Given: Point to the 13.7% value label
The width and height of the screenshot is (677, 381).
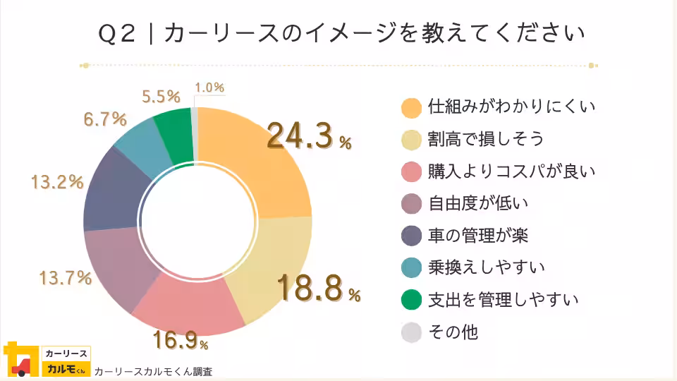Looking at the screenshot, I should coord(65,278).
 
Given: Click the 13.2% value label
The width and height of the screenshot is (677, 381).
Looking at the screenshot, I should coord(57,182).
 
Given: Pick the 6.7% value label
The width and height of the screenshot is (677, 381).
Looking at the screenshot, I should coord(105,119).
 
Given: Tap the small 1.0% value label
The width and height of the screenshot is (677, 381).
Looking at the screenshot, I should coord(209,87).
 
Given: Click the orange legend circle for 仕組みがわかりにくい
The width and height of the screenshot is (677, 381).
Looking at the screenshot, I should coord(410,107).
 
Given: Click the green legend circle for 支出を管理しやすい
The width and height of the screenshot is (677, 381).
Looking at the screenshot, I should coord(410,300).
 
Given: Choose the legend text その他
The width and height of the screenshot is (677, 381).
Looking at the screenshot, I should coord(453,332).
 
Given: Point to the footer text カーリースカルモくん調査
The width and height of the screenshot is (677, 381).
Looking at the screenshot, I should coord(153,371).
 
